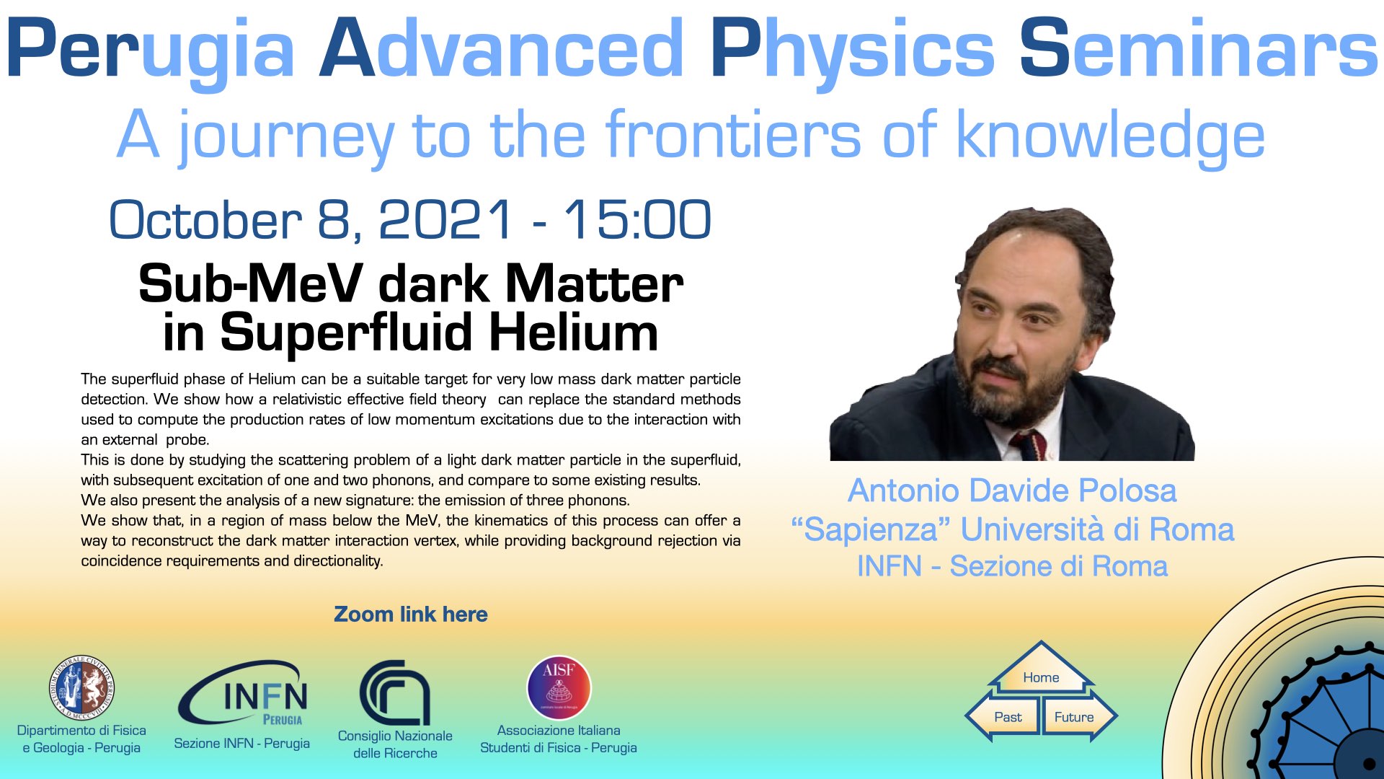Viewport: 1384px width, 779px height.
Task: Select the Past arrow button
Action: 1003,717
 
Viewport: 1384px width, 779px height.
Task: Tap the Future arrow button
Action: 1078,717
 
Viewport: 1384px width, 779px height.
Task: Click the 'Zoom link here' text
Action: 411,615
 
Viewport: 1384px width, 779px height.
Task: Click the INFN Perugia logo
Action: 244,692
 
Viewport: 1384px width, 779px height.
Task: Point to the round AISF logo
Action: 559,687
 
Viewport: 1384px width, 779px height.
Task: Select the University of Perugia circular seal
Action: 81,688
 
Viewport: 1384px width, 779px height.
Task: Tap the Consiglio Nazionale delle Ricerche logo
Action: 395,692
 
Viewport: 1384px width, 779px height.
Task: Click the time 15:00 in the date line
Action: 638,220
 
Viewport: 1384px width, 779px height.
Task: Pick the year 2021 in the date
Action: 445,220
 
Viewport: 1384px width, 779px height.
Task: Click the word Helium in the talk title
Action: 574,333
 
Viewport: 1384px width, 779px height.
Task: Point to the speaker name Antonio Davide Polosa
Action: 1012,490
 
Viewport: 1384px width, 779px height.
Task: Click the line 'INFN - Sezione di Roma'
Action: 1012,566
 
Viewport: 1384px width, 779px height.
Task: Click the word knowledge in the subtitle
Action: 1110,137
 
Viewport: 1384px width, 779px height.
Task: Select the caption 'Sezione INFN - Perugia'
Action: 242,743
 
